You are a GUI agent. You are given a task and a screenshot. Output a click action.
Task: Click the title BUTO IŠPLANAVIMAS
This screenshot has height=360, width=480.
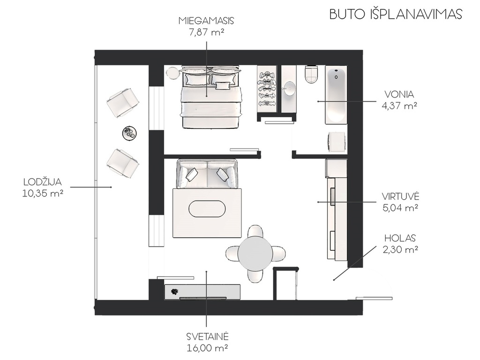pos(396,14)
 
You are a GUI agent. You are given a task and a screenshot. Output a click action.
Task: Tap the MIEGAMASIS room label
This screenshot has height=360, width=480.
pos(206,21)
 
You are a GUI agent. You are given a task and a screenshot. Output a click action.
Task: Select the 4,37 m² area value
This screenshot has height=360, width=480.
pos(399,106)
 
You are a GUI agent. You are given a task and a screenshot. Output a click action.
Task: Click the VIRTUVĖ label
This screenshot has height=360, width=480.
pos(400,196)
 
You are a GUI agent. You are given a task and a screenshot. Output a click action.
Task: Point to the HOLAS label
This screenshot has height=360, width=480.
pos(400,238)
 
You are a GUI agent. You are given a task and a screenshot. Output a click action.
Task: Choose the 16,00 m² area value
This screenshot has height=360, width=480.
pos(207,348)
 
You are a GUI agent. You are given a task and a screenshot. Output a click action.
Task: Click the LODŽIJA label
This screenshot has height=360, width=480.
pos(43,182)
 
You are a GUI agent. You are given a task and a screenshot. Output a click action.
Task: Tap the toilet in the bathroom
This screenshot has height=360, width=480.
pos(312,75)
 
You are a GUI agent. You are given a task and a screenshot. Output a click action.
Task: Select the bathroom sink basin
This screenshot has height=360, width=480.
pos(289,89)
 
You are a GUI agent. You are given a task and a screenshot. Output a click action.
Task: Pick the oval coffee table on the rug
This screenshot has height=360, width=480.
pos(207,209)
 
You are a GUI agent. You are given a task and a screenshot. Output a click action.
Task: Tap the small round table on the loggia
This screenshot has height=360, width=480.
pos(129,133)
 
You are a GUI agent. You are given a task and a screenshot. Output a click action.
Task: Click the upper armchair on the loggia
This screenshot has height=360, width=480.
pos(123,102)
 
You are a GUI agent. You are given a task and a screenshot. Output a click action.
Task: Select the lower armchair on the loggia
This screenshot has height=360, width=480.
pos(123,163)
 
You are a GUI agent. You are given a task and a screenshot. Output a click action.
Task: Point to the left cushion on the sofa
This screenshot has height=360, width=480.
pos(192,174)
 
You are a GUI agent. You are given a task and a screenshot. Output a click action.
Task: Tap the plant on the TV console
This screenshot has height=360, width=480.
pos(174,292)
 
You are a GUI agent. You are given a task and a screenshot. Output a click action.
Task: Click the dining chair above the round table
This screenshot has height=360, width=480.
pos(255,232)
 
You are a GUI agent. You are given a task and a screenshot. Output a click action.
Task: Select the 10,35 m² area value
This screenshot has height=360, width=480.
pos(43,194)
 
